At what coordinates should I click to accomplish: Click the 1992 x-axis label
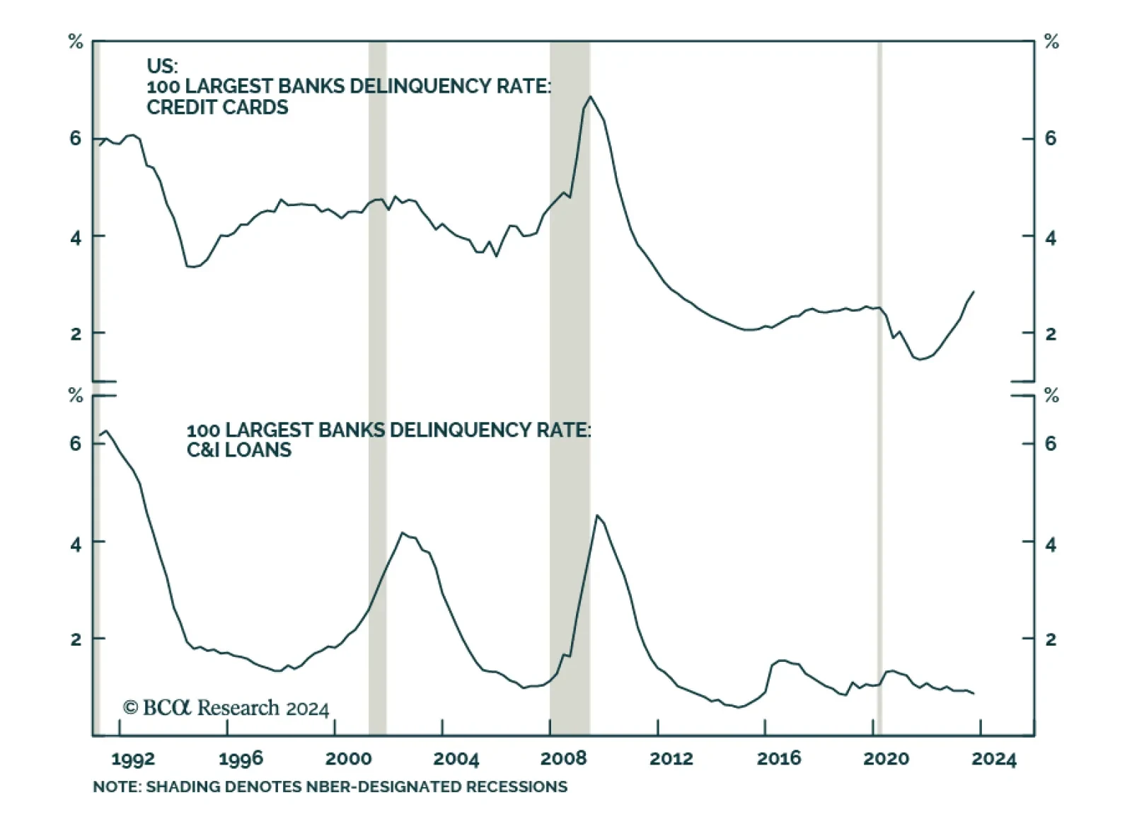pos(133,759)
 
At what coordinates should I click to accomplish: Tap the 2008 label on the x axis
pos(563,759)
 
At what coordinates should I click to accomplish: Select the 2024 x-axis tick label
pos(993,759)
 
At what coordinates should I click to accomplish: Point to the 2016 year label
pos(778,759)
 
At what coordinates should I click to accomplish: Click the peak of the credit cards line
pos(590,96)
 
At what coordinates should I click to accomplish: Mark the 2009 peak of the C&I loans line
pos(597,515)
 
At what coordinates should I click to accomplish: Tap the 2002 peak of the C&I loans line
pos(402,532)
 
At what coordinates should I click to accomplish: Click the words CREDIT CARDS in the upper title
pos(217,108)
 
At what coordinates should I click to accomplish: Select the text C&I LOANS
pos(238,450)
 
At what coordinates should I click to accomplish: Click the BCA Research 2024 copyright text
pos(226,708)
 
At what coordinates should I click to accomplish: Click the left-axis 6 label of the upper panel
pos(76,138)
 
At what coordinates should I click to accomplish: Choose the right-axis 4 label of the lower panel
pos(1051,544)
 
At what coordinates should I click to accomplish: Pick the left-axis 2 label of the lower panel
pos(76,639)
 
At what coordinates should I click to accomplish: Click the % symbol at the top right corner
pos(1051,42)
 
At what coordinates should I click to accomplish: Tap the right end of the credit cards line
pos(974,291)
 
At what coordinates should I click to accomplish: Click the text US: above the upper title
pos(162,66)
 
